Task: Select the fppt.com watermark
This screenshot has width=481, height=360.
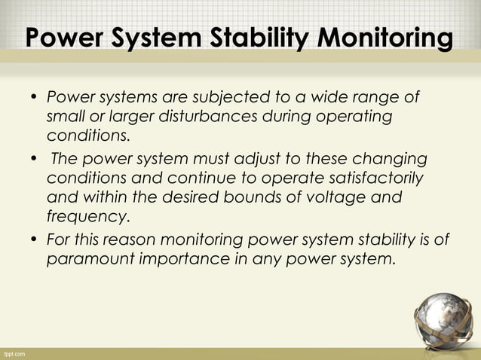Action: (15, 352)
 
